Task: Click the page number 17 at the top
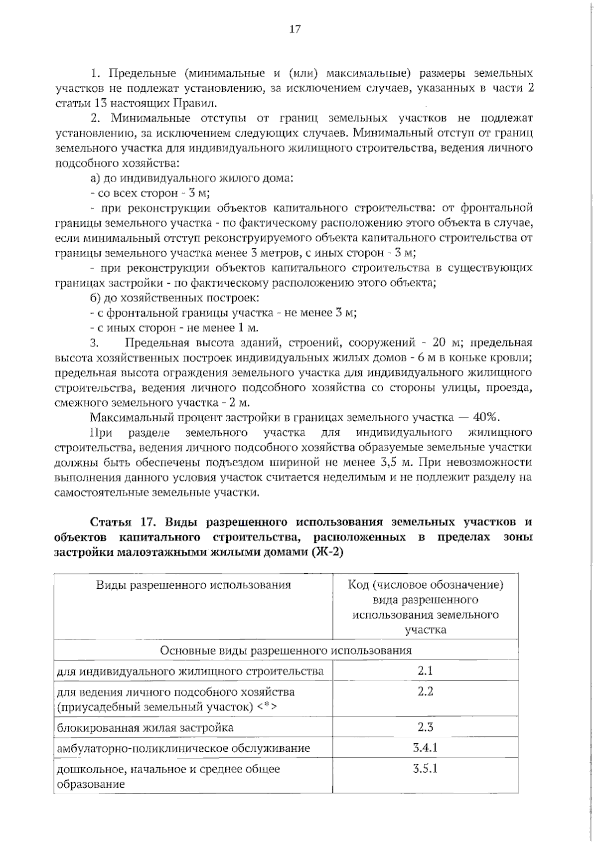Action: (295, 29)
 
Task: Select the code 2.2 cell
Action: (425, 691)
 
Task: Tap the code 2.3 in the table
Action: (425, 727)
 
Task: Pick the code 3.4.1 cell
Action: (425, 748)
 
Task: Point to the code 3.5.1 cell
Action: (425, 768)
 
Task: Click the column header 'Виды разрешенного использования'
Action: (193, 585)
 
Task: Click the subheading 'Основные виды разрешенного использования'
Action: (286, 651)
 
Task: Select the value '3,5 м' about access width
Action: (397, 462)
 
